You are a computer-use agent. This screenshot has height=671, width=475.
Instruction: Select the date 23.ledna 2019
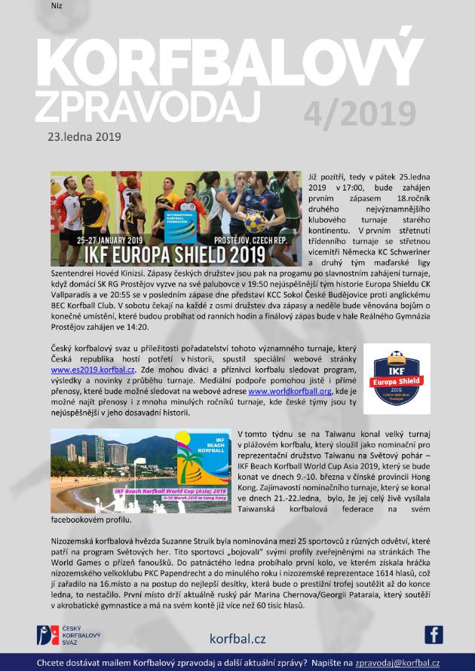coord(84,137)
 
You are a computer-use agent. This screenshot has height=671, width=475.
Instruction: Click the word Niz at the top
coord(57,6)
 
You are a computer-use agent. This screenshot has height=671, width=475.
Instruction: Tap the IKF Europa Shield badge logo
coord(396,378)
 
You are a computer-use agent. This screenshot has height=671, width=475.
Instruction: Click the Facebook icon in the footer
coord(433,635)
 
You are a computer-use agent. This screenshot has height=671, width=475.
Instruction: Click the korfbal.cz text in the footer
coord(237,639)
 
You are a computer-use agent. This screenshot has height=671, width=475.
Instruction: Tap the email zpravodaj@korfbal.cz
coord(397,663)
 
